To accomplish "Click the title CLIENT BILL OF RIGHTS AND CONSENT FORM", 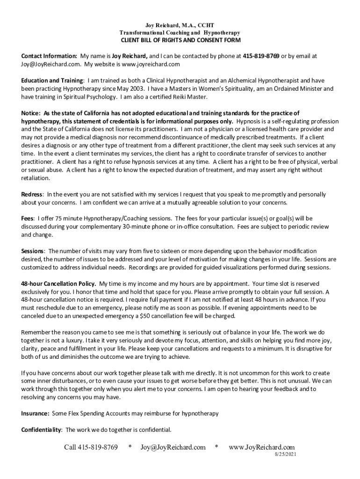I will (x=180, y=41).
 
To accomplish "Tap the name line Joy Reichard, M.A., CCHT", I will (x=180, y=24).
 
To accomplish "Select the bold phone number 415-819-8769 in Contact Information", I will (x=261, y=56).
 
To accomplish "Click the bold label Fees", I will (x=27, y=218).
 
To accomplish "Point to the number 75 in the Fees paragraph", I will (x=58, y=218).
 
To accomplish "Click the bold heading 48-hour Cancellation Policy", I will (x=58, y=283).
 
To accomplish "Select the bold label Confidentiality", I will (x=41, y=430).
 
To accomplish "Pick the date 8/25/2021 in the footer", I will (x=285, y=454).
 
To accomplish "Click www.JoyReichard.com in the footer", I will (x=261, y=447).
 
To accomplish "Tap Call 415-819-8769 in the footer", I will (x=91, y=447).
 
